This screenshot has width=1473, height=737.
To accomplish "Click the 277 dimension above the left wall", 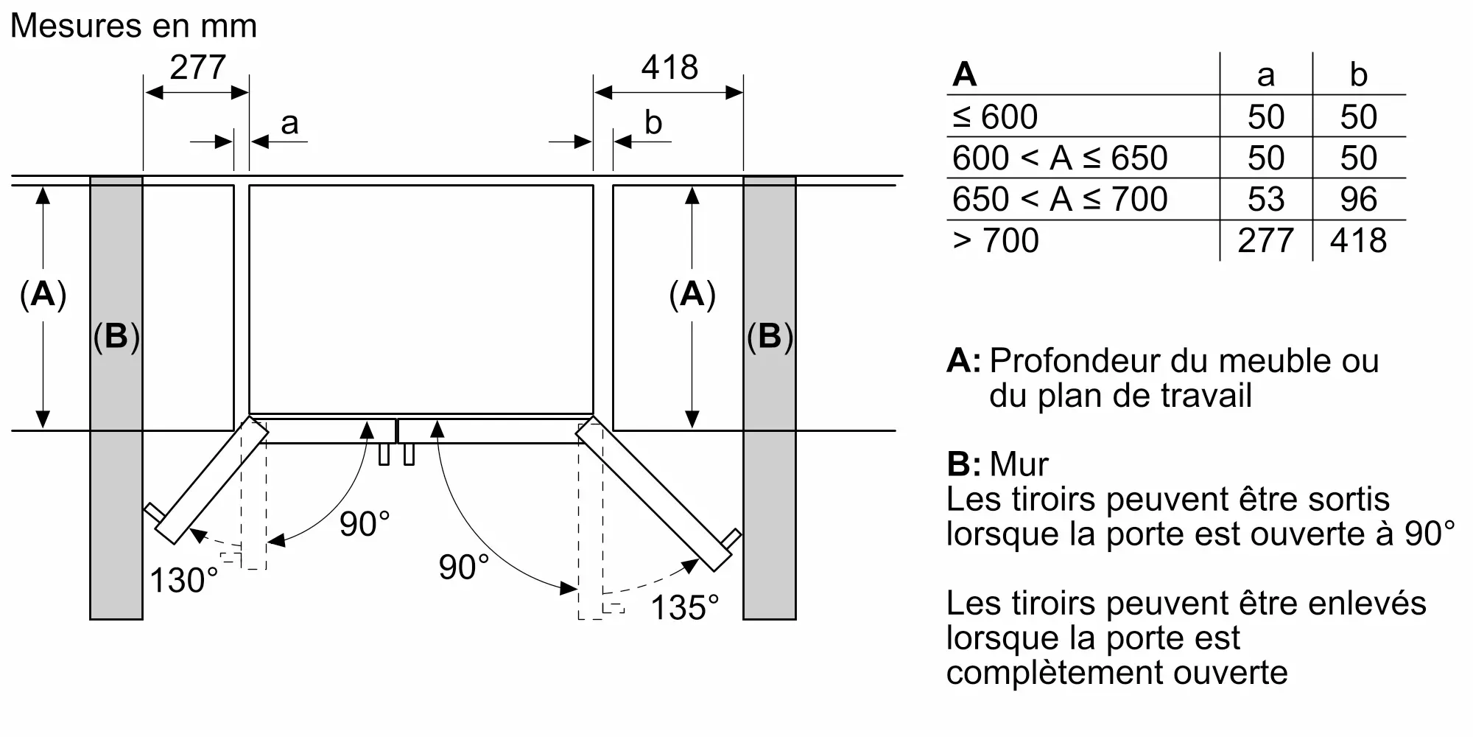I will (x=197, y=68).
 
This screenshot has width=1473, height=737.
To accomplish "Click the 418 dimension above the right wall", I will (x=669, y=68).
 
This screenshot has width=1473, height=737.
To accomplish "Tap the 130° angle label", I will (x=184, y=580).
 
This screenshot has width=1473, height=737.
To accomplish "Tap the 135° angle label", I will (x=684, y=608).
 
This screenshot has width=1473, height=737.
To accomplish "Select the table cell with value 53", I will (x=1265, y=199).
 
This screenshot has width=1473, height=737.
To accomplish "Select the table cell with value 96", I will (x=1358, y=199).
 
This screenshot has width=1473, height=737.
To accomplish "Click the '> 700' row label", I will (x=995, y=240).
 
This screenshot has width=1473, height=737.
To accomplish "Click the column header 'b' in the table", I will (x=1358, y=75).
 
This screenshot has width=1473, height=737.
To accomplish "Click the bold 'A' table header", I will (x=964, y=75).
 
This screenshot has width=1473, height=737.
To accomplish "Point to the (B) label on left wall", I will (x=116, y=336).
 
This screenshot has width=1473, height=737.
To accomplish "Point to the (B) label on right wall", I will (x=770, y=336).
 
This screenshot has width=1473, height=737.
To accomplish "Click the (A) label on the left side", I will (x=43, y=294).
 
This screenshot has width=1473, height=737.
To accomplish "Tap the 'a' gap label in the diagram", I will (x=289, y=122).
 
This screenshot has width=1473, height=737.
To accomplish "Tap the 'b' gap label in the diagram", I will (x=653, y=122).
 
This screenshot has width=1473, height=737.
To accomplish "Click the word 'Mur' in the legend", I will (x=1019, y=464).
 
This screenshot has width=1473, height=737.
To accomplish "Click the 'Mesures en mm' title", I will (x=133, y=26).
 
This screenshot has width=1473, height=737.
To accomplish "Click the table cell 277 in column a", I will (x=1265, y=240).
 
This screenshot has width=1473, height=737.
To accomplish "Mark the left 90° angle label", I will (x=365, y=524).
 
